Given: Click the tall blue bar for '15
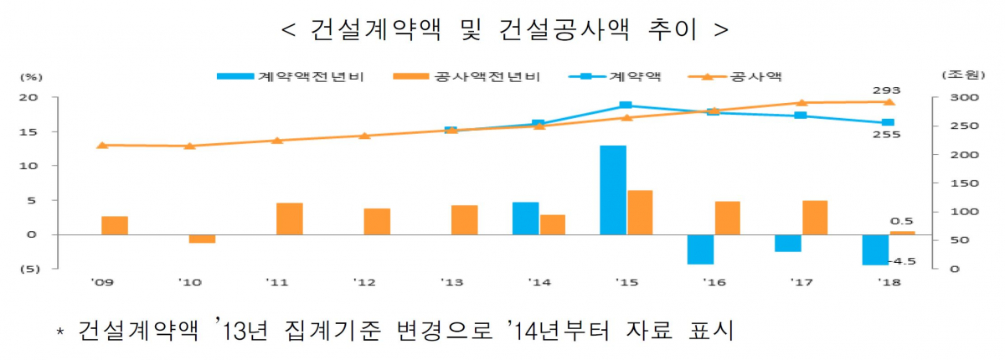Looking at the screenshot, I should [613, 190].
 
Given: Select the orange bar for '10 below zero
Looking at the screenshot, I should [202, 239].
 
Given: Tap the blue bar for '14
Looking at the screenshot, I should [525, 219].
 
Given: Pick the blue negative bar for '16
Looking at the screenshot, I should [700, 249].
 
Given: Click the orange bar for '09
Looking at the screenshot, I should [115, 225].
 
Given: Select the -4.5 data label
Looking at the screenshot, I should [903, 261].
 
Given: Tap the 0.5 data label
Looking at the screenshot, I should [902, 221].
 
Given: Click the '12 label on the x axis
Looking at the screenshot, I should [363, 281].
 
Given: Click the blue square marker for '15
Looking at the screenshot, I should [625, 105].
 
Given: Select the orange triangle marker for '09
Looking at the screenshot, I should [102, 145].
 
